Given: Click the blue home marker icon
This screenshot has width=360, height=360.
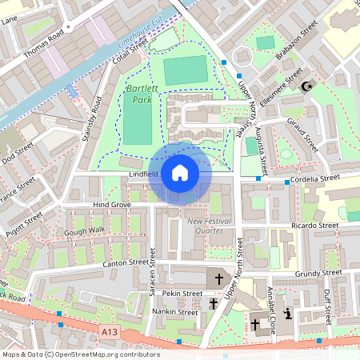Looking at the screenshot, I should pos(179,173).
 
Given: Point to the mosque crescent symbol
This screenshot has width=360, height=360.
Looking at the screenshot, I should pos(305,86).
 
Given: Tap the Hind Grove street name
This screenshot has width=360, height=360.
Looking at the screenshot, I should pos(111,206).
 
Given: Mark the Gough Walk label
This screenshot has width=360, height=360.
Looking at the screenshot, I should pos(86,230).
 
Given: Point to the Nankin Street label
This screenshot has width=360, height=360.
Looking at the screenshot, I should pos(175,311).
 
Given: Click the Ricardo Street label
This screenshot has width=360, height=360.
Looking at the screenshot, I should pos(316,226).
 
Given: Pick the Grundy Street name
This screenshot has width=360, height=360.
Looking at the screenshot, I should pos(318,274).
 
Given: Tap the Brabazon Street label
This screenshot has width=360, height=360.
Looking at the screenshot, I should pos(300,36).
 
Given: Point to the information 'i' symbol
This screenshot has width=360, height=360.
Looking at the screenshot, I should pos(286,314).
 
